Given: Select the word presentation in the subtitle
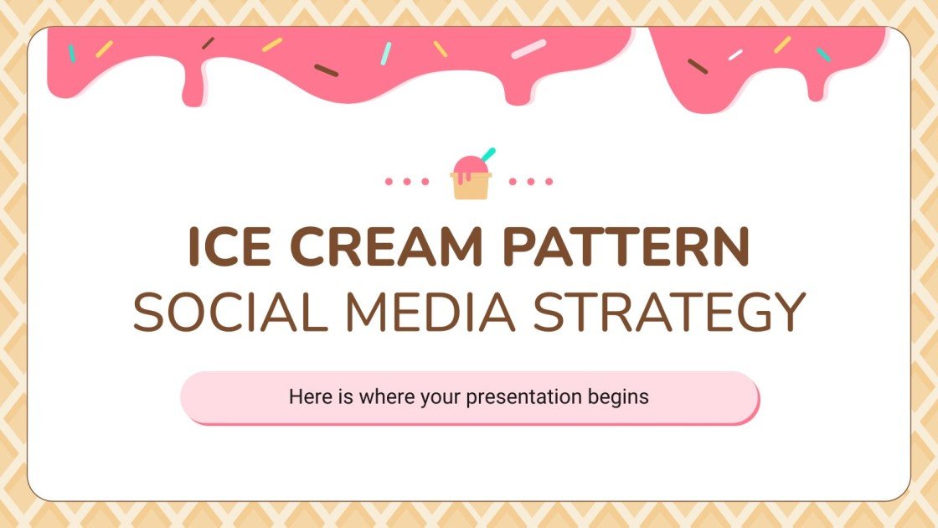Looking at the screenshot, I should (x=522, y=397).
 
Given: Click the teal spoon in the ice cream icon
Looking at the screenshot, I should (x=487, y=154).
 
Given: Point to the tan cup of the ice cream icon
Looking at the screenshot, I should (x=470, y=186).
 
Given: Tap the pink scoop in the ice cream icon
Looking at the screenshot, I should (x=468, y=165).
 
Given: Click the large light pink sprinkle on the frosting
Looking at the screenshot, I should (x=528, y=49).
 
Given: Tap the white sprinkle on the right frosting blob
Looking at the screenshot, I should (x=735, y=54).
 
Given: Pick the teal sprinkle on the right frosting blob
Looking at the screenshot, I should (x=823, y=54).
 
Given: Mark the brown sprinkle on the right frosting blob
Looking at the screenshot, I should (x=697, y=66).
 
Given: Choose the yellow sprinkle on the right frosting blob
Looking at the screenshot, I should (x=782, y=44).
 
